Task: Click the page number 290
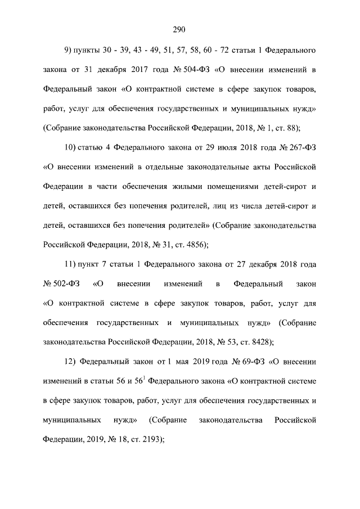point(179,30)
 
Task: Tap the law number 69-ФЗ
point(250,361)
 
